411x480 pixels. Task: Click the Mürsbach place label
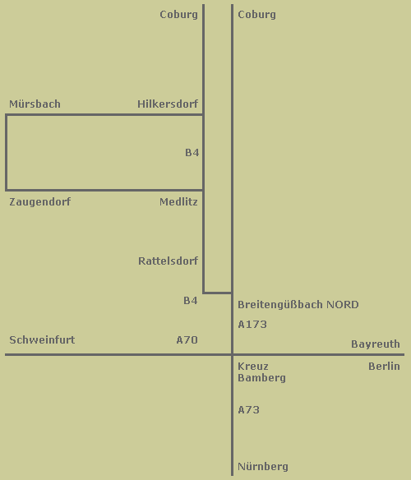pyautogui.click(x=35, y=104)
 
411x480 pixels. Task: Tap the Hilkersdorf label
pyautogui.click(x=168, y=104)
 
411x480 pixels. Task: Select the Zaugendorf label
pyautogui.click(x=39, y=202)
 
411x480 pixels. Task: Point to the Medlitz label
pyautogui.click(x=178, y=201)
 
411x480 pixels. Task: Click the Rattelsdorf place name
pyautogui.click(x=169, y=261)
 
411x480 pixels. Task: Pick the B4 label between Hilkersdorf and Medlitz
pyautogui.click(x=192, y=152)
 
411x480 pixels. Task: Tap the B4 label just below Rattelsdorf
pyautogui.click(x=190, y=300)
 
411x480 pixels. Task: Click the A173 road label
pyautogui.click(x=252, y=324)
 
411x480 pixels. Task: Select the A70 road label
pyautogui.click(x=187, y=339)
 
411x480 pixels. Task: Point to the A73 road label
pyautogui.click(x=249, y=409)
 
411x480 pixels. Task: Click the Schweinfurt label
pyautogui.click(x=42, y=339)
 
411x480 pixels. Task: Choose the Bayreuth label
pyautogui.click(x=376, y=344)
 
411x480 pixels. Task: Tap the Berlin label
pyautogui.click(x=384, y=366)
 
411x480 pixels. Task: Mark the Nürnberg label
pyautogui.click(x=263, y=467)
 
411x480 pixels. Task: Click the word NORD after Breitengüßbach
pyautogui.click(x=343, y=305)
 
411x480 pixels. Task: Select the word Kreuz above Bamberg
pyautogui.click(x=253, y=366)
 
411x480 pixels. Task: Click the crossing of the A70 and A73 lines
pyautogui.click(x=232, y=355)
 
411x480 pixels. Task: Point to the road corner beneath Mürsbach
pyautogui.click(x=7, y=115)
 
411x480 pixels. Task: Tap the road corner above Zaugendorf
pyautogui.click(x=7, y=190)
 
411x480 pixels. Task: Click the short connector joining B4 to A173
pyautogui.click(x=218, y=293)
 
